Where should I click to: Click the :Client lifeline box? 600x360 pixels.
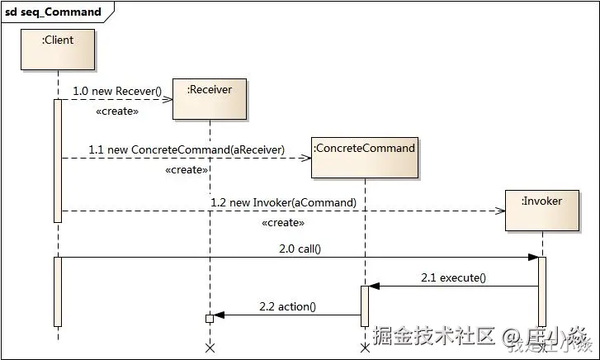pos(59,50)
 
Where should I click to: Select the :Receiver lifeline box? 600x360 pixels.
pos(210,97)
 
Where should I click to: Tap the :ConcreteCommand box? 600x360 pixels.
pos(365,157)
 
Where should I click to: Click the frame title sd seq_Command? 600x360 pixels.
pos(54,12)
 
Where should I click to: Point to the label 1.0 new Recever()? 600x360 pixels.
pos(117,90)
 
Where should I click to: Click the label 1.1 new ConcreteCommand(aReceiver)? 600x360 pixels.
pos(187,149)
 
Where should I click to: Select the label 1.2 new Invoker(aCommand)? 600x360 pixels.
pos(283,202)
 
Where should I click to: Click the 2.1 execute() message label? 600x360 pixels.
pos(453,277)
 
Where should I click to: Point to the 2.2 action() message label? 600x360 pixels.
pos(287,306)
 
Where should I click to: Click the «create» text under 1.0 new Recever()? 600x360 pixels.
pos(117,111)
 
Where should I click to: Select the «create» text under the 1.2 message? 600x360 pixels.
pos(283,223)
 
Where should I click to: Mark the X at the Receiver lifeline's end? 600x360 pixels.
pos(210,348)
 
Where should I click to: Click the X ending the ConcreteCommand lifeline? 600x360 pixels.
pos(365,348)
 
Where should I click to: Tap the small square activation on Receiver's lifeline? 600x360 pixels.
pos(210,318)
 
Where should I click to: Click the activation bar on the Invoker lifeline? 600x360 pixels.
pos(542,291)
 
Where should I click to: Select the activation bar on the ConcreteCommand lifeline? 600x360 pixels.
pos(365,306)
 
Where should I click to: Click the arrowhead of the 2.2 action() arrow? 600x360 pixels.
pos(219,315)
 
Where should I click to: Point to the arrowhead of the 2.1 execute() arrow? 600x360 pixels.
pos(374,286)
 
